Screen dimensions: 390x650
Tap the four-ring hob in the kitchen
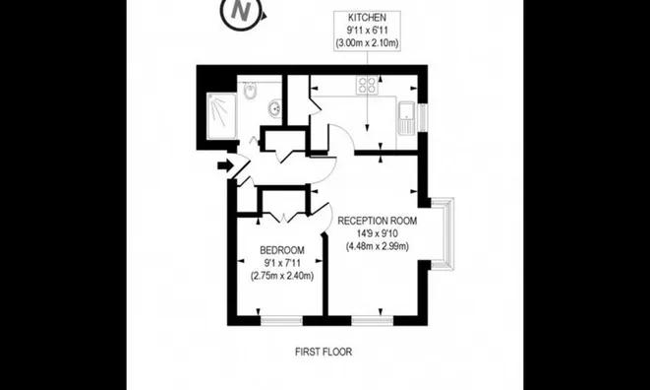[x=371, y=85]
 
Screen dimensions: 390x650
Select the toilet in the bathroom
[x=252, y=94]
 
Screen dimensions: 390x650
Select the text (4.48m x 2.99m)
[x=378, y=246]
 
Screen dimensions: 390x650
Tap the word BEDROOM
[x=282, y=251]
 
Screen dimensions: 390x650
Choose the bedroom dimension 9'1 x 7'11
[x=282, y=263]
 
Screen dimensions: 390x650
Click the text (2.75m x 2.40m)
[x=282, y=276]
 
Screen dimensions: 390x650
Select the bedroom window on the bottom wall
[x=279, y=319]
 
